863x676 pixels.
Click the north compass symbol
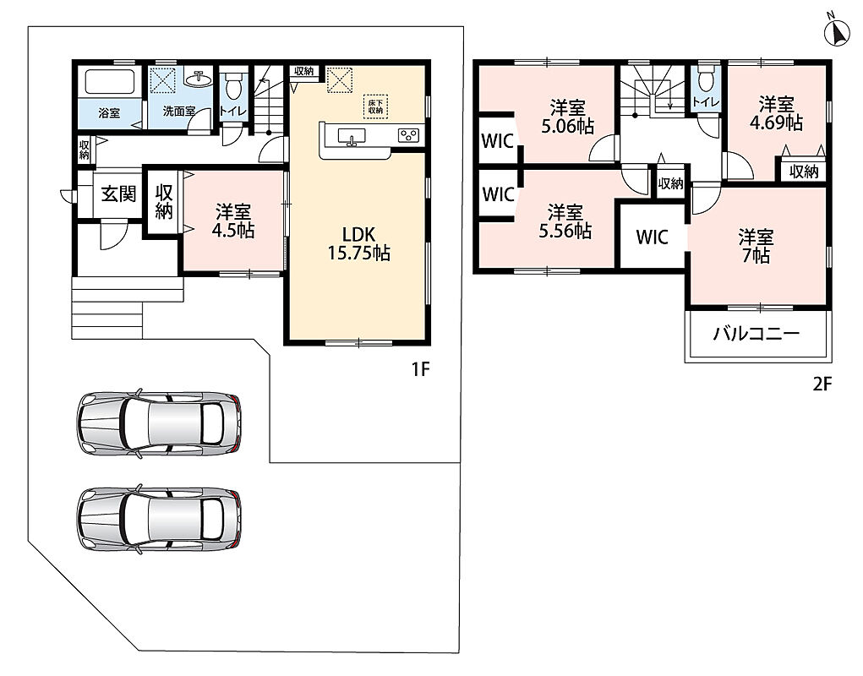click(x=837, y=33)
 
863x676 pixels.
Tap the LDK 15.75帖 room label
click(x=359, y=243)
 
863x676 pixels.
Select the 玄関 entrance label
click(x=117, y=194)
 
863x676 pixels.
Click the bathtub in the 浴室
click(x=109, y=82)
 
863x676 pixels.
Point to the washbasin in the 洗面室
click(x=199, y=79)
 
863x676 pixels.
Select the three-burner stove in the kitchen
click(x=409, y=135)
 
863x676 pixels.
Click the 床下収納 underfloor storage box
click(x=376, y=106)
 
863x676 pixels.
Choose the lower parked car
click(x=159, y=518)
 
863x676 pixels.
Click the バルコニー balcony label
click(x=756, y=334)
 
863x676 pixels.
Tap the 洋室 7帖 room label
click(x=756, y=246)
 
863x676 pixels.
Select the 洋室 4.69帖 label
click(x=776, y=112)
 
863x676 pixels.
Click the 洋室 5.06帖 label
click(x=567, y=117)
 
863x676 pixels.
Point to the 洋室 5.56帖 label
click(x=565, y=221)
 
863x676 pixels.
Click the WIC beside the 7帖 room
click(x=653, y=237)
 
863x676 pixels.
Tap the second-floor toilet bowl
click(x=706, y=80)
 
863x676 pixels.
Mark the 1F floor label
click(x=420, y=369)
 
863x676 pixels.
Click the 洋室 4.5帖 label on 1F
click(x=233, y=221)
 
